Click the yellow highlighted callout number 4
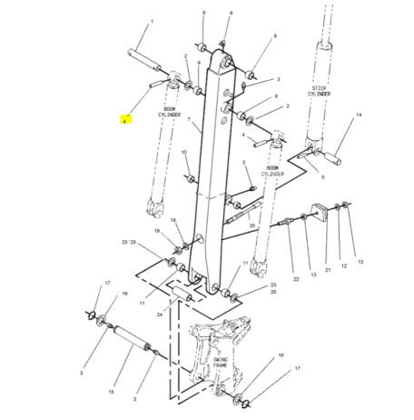pyautogui.click(x=126, y=119)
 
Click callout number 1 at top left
pyautogui.click(x=151, y=20)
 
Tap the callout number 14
pyautogui.click(x=358, y=115)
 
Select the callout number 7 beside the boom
pyautogui.click(x=188, y=119)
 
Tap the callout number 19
pyautogui.click(x=158, y=233)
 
